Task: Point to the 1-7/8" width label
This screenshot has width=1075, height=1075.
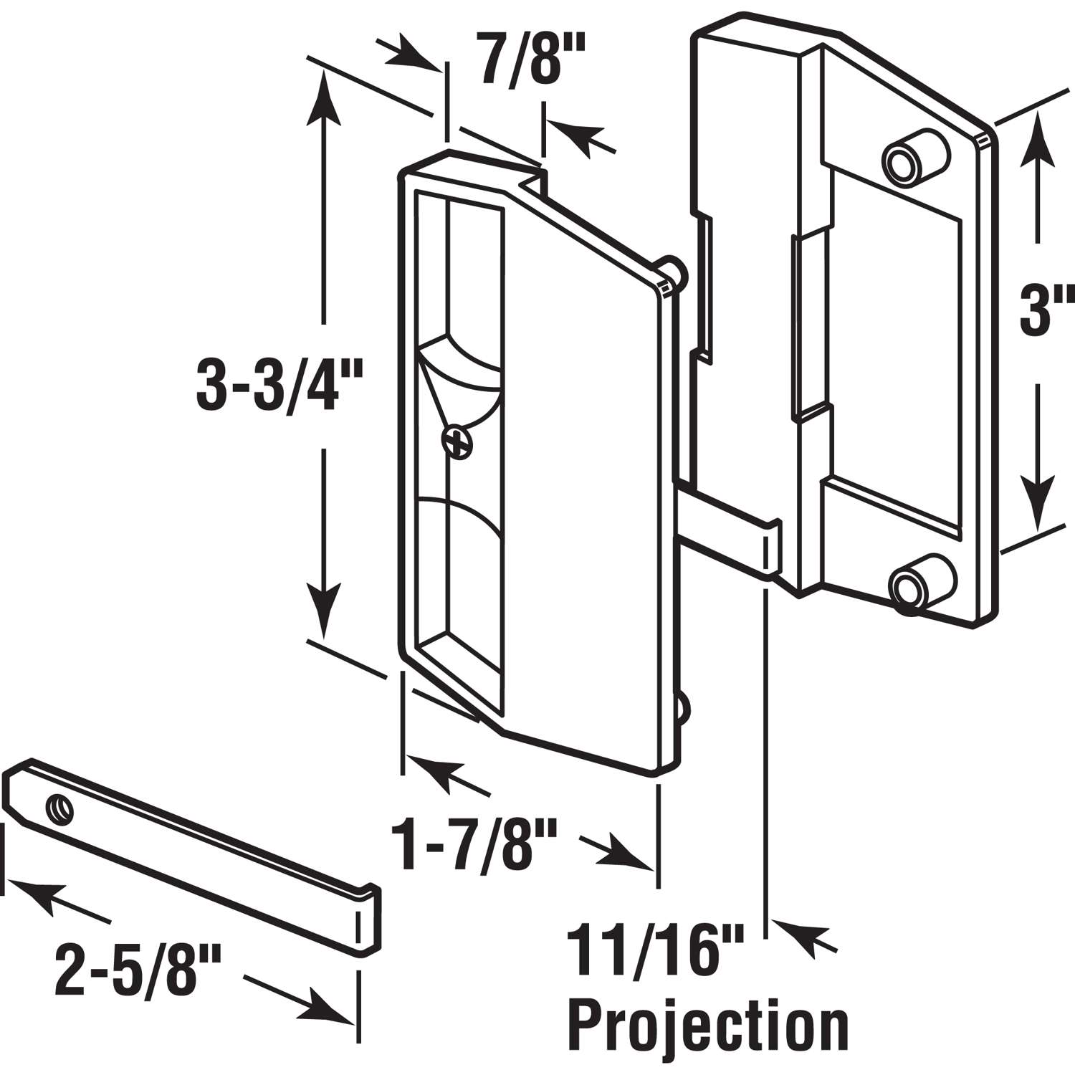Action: [475, 846]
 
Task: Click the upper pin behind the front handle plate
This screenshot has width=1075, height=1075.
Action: [673, 270]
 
